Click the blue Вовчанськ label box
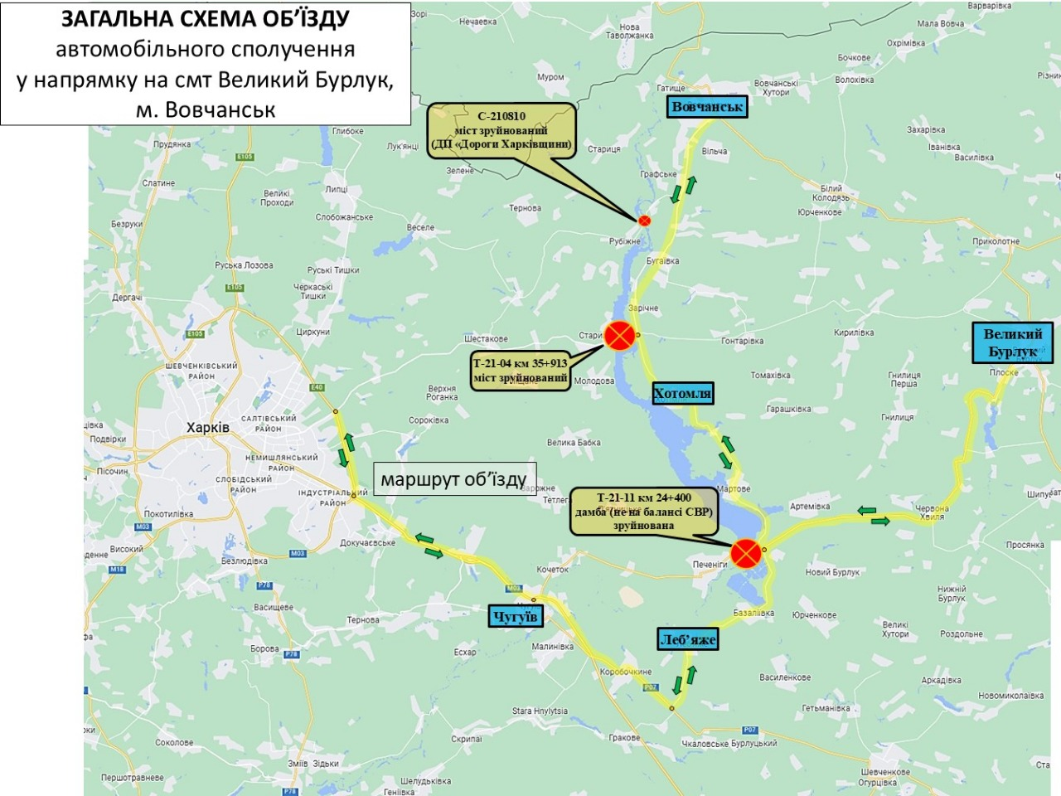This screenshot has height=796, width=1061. click(x=707, y=107)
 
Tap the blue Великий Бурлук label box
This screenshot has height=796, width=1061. click(x=1012, y=342)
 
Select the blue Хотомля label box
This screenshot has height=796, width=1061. click(x=682, y=393)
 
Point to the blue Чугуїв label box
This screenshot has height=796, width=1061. click(x=516, y=615)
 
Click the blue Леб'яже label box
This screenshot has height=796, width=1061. click(x=687, y=639)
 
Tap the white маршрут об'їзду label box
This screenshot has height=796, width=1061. click(x=454, y=479)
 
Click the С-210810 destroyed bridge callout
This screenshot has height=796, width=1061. click(x=501, y=130)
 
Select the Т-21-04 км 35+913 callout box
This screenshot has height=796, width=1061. click(x=521, y=371)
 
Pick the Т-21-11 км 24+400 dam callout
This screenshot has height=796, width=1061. click(x=643, y=511)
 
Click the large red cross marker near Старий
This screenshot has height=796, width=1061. click(x=619, y=336)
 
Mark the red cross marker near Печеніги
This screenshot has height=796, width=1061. click(x=746, y=552)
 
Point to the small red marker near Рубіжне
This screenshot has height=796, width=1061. click(x=644, y=221)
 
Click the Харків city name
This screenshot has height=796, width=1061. click(x=207, y=428)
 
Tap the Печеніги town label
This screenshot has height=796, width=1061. click(x=710, y=565)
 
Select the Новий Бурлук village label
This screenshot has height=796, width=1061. click(x=832, y=572)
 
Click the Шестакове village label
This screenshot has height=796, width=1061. click(x=486, y=339)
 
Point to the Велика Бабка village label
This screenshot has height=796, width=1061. click(x=574, y=442)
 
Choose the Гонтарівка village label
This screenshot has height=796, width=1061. click(x=742, y=341)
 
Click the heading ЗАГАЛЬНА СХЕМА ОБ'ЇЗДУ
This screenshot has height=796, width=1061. click(x=206, y=20)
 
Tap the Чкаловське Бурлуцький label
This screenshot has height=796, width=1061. click(x=729, y=744)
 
